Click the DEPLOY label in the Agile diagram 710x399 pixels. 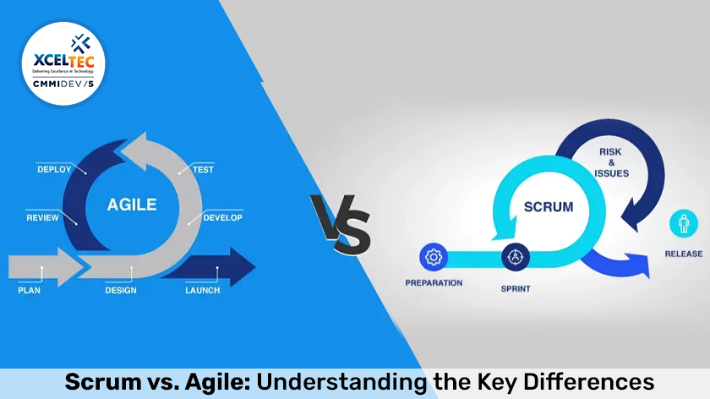[54, 169]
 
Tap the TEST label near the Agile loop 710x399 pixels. [203, 169]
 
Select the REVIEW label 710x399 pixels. [42, 218]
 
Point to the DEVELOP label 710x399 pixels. [222, 218]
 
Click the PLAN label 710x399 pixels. [30, 291]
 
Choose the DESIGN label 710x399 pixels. [121, 291]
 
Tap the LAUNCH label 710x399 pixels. [202, 291]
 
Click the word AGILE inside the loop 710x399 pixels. [132, 204]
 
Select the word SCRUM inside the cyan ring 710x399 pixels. [548, 206]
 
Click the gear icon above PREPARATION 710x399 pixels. [434, 256]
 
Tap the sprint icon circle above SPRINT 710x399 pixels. [515, 256]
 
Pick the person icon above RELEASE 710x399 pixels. [683, 224]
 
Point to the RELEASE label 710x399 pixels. [683, 254]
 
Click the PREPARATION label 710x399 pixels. [434, 282]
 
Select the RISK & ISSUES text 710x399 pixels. [610, 161]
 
